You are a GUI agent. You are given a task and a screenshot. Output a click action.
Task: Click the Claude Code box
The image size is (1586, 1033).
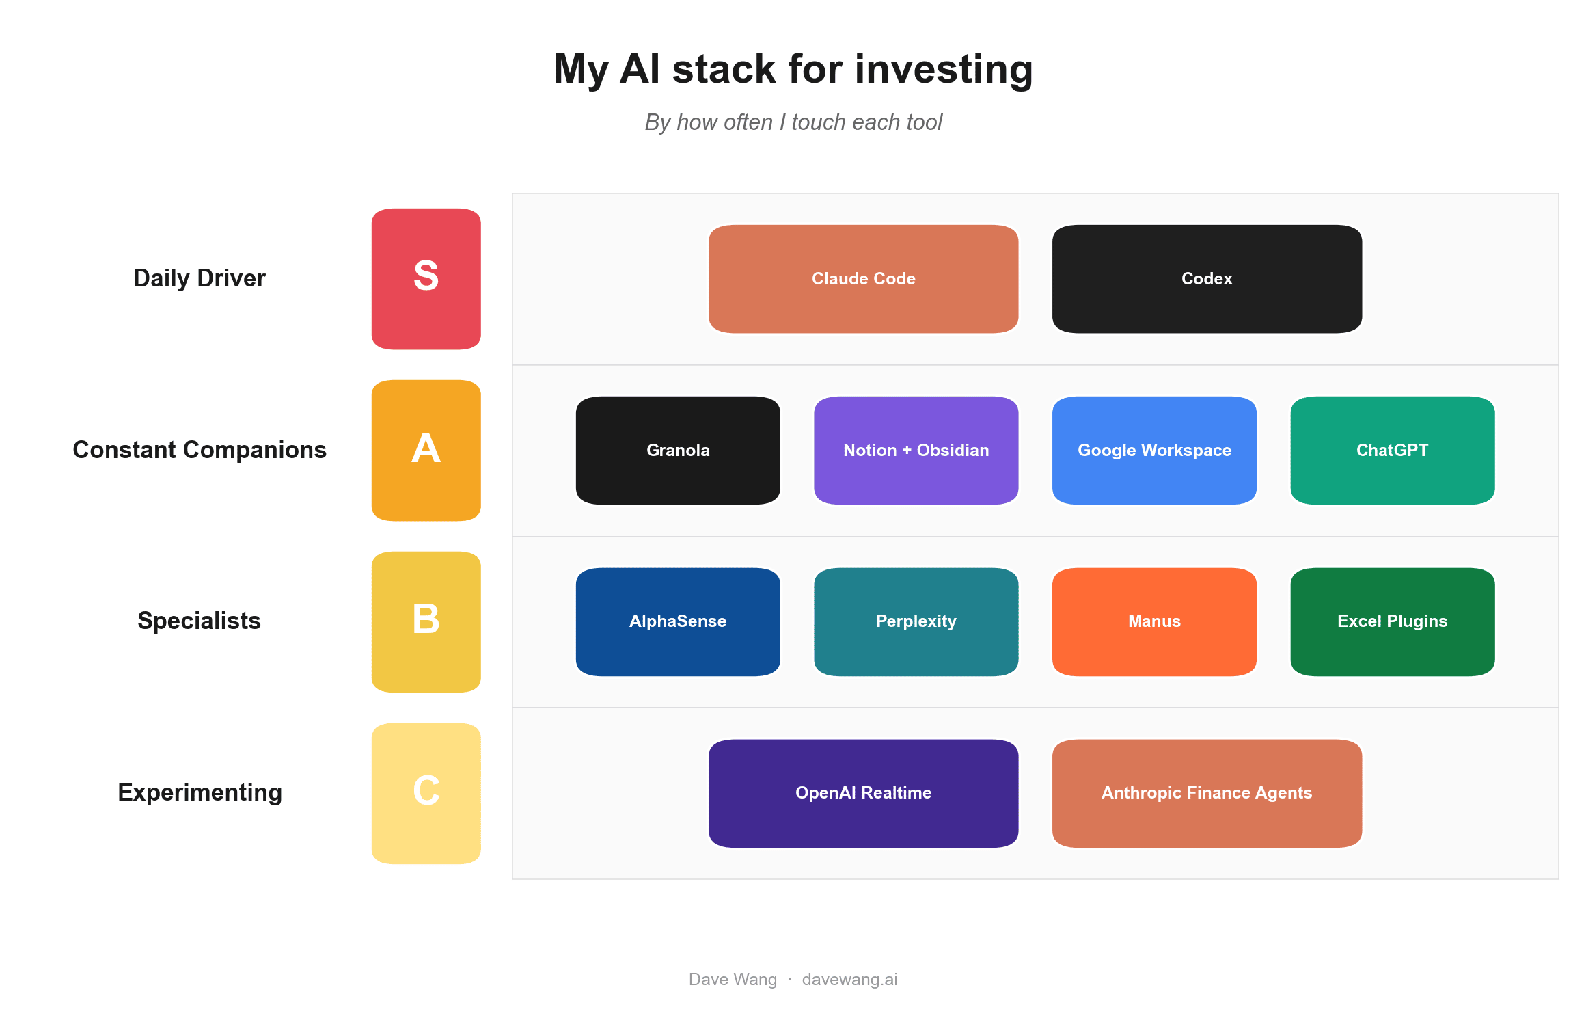click(863, 279)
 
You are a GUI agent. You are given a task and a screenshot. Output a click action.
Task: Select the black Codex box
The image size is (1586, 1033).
click(1207, 279)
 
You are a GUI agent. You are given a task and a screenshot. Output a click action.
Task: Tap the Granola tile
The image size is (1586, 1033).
click(678, 451)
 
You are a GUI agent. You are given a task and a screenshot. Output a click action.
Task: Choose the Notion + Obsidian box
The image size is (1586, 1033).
click(916, 451)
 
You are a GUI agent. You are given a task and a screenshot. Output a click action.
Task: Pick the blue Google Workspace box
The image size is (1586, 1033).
click(1154, 451)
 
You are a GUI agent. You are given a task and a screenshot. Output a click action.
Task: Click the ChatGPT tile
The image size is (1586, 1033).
click(1393, 451)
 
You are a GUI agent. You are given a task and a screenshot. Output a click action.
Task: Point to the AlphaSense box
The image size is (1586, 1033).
click(678, 622)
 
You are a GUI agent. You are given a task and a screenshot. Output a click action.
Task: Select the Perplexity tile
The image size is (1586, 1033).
click(916, 622)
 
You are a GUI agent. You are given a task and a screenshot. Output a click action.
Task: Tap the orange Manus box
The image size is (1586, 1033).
click(1154, 622)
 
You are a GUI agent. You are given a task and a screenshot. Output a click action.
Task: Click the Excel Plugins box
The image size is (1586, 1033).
click(1393, 622)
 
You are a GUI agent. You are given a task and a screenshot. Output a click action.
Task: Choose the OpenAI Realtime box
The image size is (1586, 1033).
click(863, 794)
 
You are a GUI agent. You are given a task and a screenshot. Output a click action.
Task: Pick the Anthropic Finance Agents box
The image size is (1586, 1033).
click(1207, 794)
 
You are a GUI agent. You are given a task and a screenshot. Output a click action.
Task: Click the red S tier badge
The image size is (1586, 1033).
click(426, 279)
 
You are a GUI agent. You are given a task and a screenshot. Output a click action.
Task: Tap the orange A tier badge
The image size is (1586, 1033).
click(426, 451)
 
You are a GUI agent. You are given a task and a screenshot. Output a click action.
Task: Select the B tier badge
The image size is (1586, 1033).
click(426, 622)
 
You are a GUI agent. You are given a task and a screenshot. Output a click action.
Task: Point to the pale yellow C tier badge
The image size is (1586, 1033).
click(426, 794)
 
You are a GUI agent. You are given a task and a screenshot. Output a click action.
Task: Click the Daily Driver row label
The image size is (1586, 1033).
click(200, 279)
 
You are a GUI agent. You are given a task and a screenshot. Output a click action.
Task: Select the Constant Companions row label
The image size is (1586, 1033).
click(200, 450)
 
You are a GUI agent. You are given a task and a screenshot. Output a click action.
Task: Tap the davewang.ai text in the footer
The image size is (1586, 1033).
click(849, 980)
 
